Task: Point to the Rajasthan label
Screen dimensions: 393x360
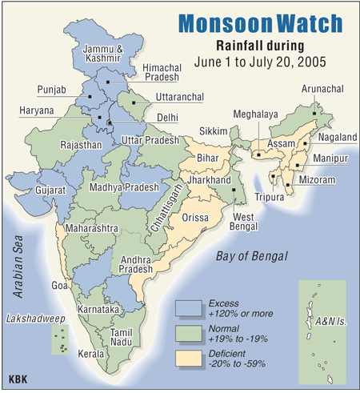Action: point(81,146)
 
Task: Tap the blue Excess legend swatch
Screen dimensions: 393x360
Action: point(190,308)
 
